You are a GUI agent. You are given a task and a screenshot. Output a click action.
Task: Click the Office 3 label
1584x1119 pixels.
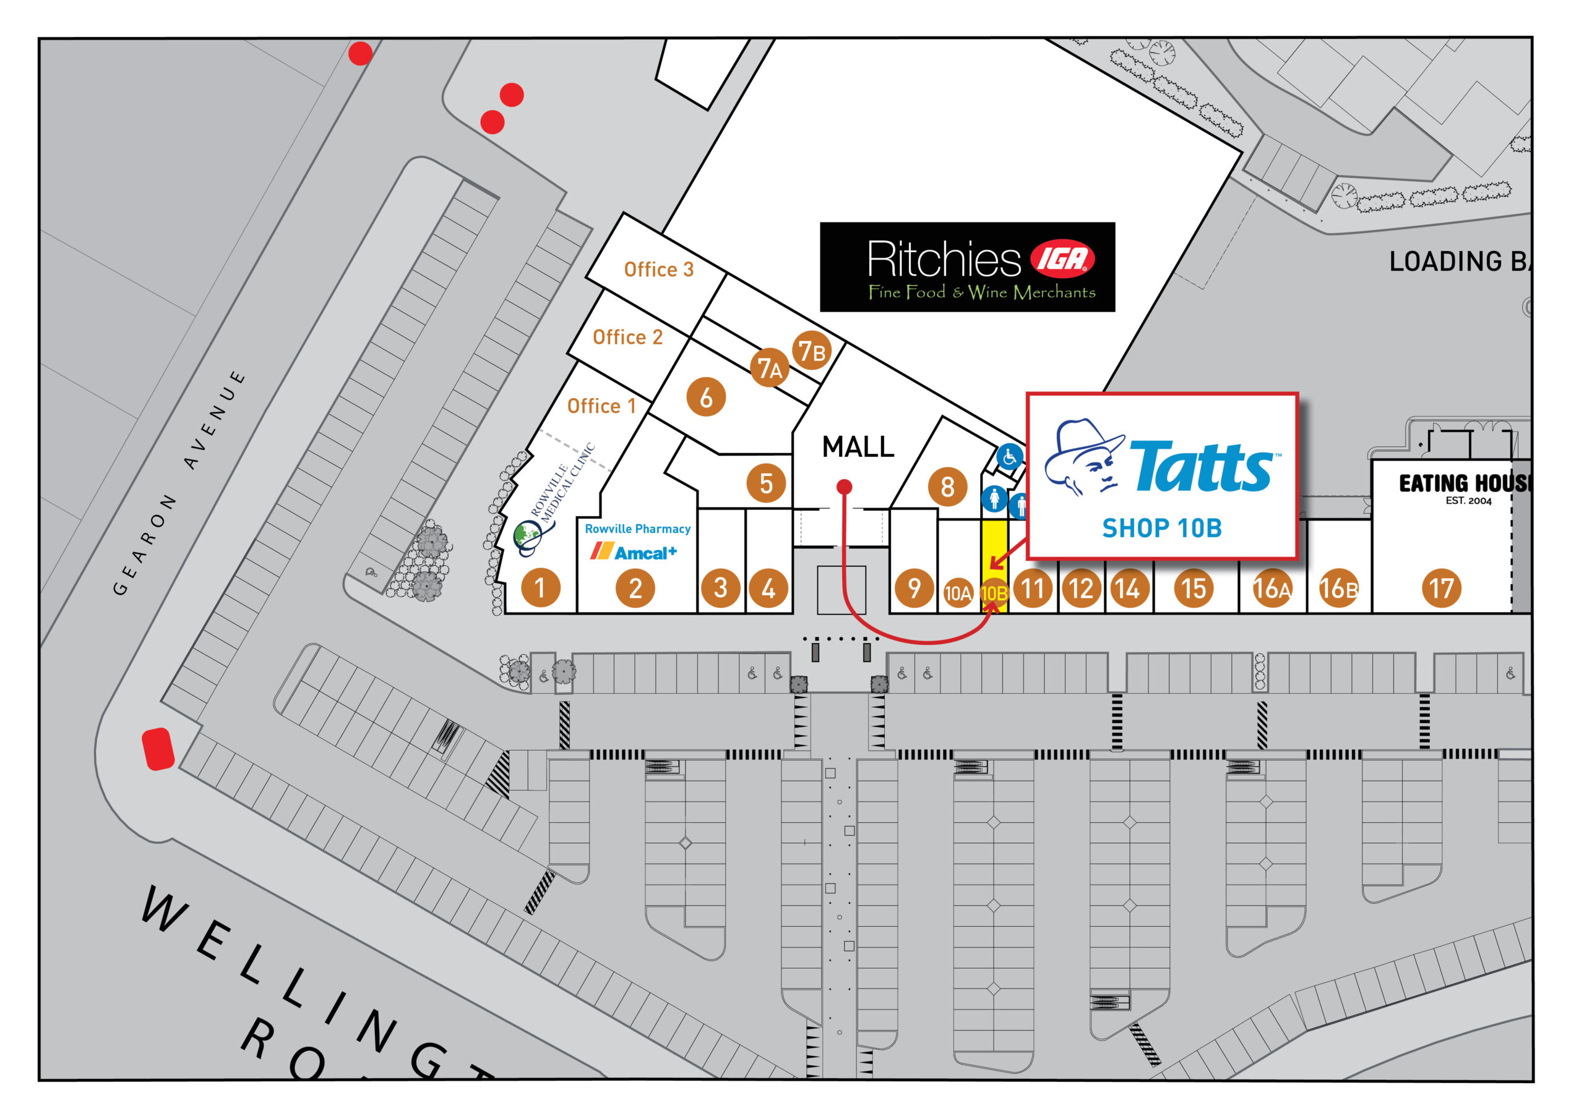[658, 270]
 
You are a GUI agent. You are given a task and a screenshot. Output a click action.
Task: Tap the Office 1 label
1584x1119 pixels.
[601, 406]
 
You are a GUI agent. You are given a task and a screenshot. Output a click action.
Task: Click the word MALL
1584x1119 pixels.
[858, 448]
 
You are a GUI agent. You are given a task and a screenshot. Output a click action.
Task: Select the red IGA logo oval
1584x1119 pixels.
[1062, 258]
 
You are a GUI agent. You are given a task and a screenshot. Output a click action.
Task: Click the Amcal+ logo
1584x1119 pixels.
[634, 552]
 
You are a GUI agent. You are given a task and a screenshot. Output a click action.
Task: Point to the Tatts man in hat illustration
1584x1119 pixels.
[1084, 458]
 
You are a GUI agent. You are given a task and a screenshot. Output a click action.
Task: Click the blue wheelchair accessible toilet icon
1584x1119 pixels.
[1009, 456]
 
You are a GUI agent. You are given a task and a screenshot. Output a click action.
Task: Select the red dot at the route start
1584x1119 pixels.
[844, 487]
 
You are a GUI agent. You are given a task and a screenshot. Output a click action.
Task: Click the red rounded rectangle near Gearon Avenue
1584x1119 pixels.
[157, 749]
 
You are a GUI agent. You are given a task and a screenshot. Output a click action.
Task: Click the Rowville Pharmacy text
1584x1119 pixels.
[637, 529]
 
